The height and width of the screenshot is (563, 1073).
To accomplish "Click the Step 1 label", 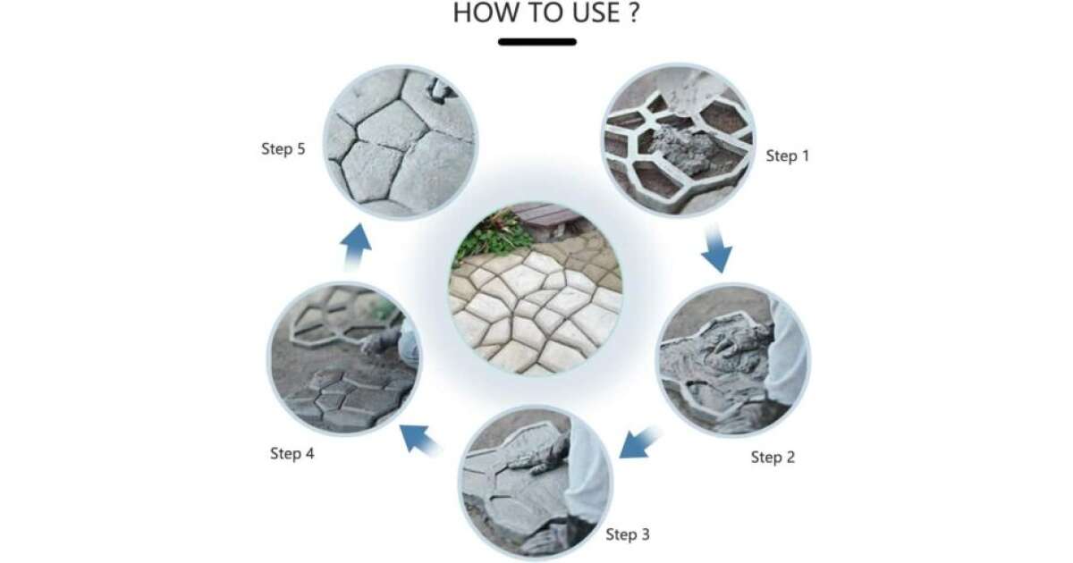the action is click(x=788, y=155).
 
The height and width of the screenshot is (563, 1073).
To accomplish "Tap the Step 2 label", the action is click(x=773, y=458).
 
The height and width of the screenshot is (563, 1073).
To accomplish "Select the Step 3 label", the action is click(x=628, y=534).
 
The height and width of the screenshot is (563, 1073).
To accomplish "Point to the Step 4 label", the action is click(x=292, y=453).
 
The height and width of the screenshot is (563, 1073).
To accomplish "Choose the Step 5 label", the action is click(x=283, y=149).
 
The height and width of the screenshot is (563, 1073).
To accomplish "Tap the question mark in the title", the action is click(x=634, y=13).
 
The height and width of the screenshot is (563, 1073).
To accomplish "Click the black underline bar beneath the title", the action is click(x=537, y=42).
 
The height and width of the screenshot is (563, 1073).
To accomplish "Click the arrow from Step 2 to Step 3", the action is click(x=640, y=443).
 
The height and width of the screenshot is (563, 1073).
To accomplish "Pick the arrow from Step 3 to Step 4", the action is click(x=420, y=439).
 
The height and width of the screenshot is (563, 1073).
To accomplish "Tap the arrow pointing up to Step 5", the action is click(x=356, y=247).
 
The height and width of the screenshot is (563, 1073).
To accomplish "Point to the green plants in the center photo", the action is click(x=491, y=237).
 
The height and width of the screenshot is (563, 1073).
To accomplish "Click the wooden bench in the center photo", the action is click(x=551, y=219).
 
